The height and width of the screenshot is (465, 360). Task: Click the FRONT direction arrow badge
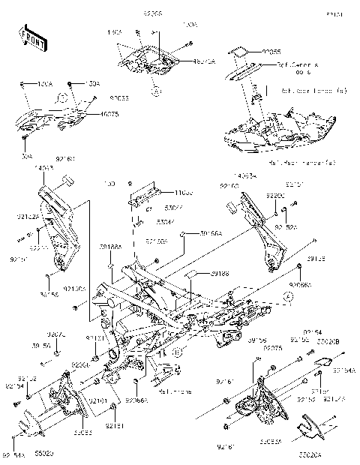29,37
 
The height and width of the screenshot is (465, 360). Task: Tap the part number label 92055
271,52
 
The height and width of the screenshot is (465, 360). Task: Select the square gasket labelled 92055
239,52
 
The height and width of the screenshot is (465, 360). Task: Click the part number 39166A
211,234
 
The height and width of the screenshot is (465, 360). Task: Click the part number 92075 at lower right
272,348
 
